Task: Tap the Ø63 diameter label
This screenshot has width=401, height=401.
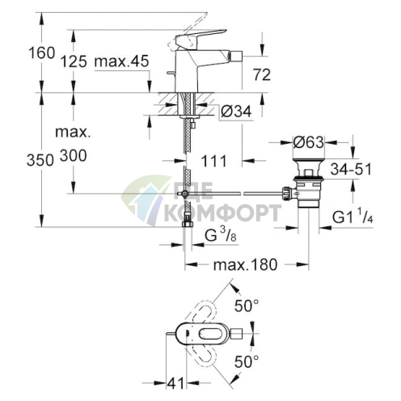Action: (x=309, y=141)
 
